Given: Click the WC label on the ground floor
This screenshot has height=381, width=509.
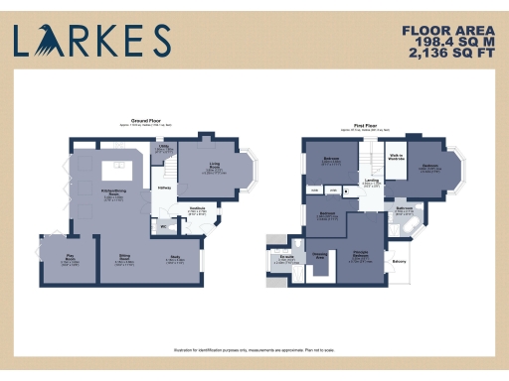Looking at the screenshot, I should point(162,225).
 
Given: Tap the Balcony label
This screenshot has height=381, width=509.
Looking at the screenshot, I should point(399,261).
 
